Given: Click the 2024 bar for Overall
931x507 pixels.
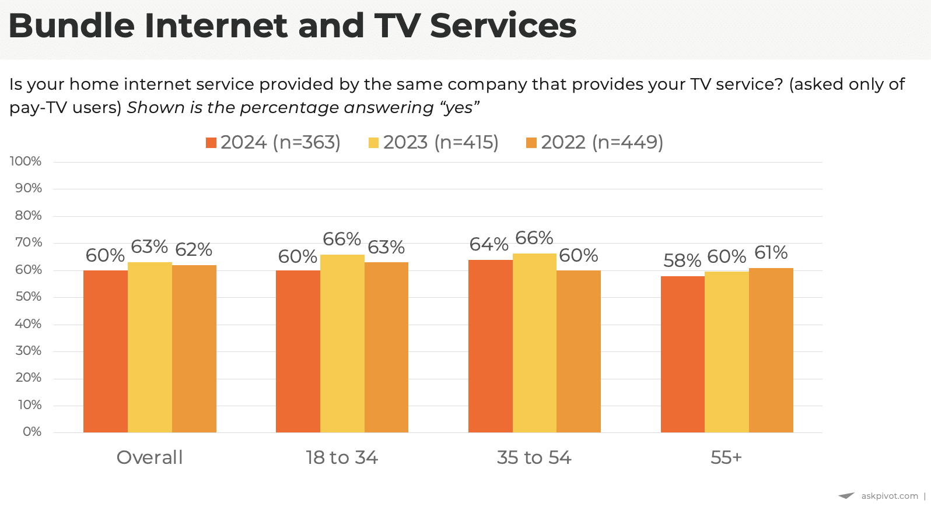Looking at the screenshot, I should click(x=106, y=351).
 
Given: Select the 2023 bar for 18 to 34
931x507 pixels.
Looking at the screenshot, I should click(x=342, y=343).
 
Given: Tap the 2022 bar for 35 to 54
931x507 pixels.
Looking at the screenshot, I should click(x=579, y=351).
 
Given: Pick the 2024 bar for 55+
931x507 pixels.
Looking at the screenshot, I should click(x=682, y=354).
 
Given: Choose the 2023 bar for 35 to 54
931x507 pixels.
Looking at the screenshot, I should click(x=534, y=343).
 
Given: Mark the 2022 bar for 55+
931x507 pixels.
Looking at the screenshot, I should click(x=771, y=350).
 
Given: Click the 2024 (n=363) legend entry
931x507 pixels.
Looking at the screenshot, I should click(x=274, y=142).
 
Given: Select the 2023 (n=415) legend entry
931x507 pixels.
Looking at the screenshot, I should click(x=433, y=142).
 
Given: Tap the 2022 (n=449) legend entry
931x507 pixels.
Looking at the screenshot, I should click(x=595, y=142).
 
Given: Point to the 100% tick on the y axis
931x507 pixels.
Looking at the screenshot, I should click(x=26, y=161).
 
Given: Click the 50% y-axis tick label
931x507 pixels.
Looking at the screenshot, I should click(x=28, y=297).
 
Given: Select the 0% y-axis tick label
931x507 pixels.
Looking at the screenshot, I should click(x=32, y=432).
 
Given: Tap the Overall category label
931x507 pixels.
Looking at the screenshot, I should click(x=150, y=457).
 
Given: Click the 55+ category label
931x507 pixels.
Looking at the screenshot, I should click(x=726, y=457).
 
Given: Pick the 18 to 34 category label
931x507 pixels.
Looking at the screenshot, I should click(x=342, y=457).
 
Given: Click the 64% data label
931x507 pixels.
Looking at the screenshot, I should click(x=489, y=244).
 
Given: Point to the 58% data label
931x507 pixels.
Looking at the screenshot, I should click(x=682, y=260).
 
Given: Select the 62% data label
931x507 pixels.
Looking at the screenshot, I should click(x=194, y=249).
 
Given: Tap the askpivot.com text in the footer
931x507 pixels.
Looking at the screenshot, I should click(x=889, y=496).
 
